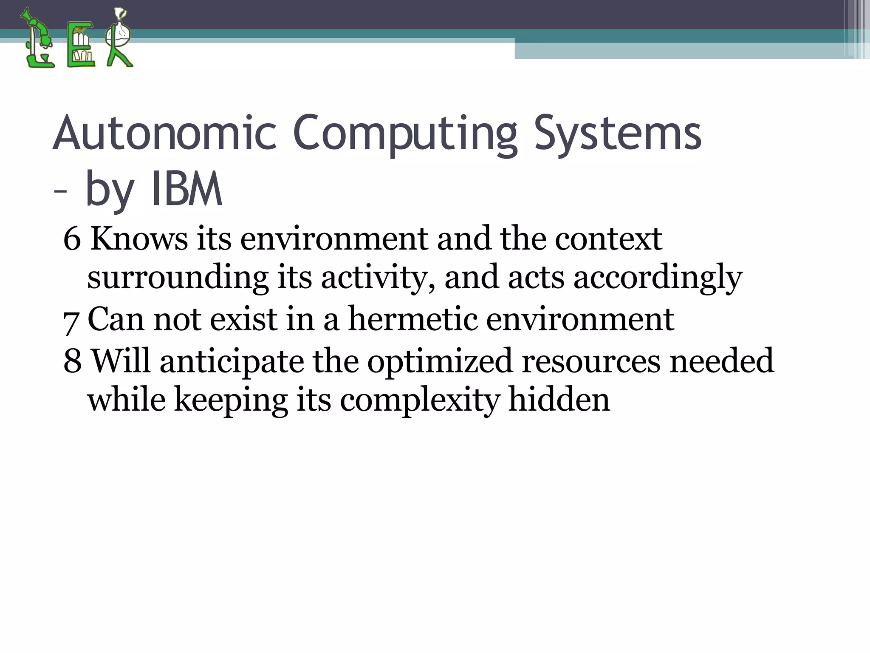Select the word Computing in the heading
click(x=406, y=133)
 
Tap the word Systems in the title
click(x=618, y=133)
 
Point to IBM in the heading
click(x=186, y=190)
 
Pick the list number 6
click(x=72, y=239)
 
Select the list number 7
click(x=71, y=321)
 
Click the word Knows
click(x=139, y=239)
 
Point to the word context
click(x=608, y=239)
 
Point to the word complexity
click(x=420, y=400)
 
